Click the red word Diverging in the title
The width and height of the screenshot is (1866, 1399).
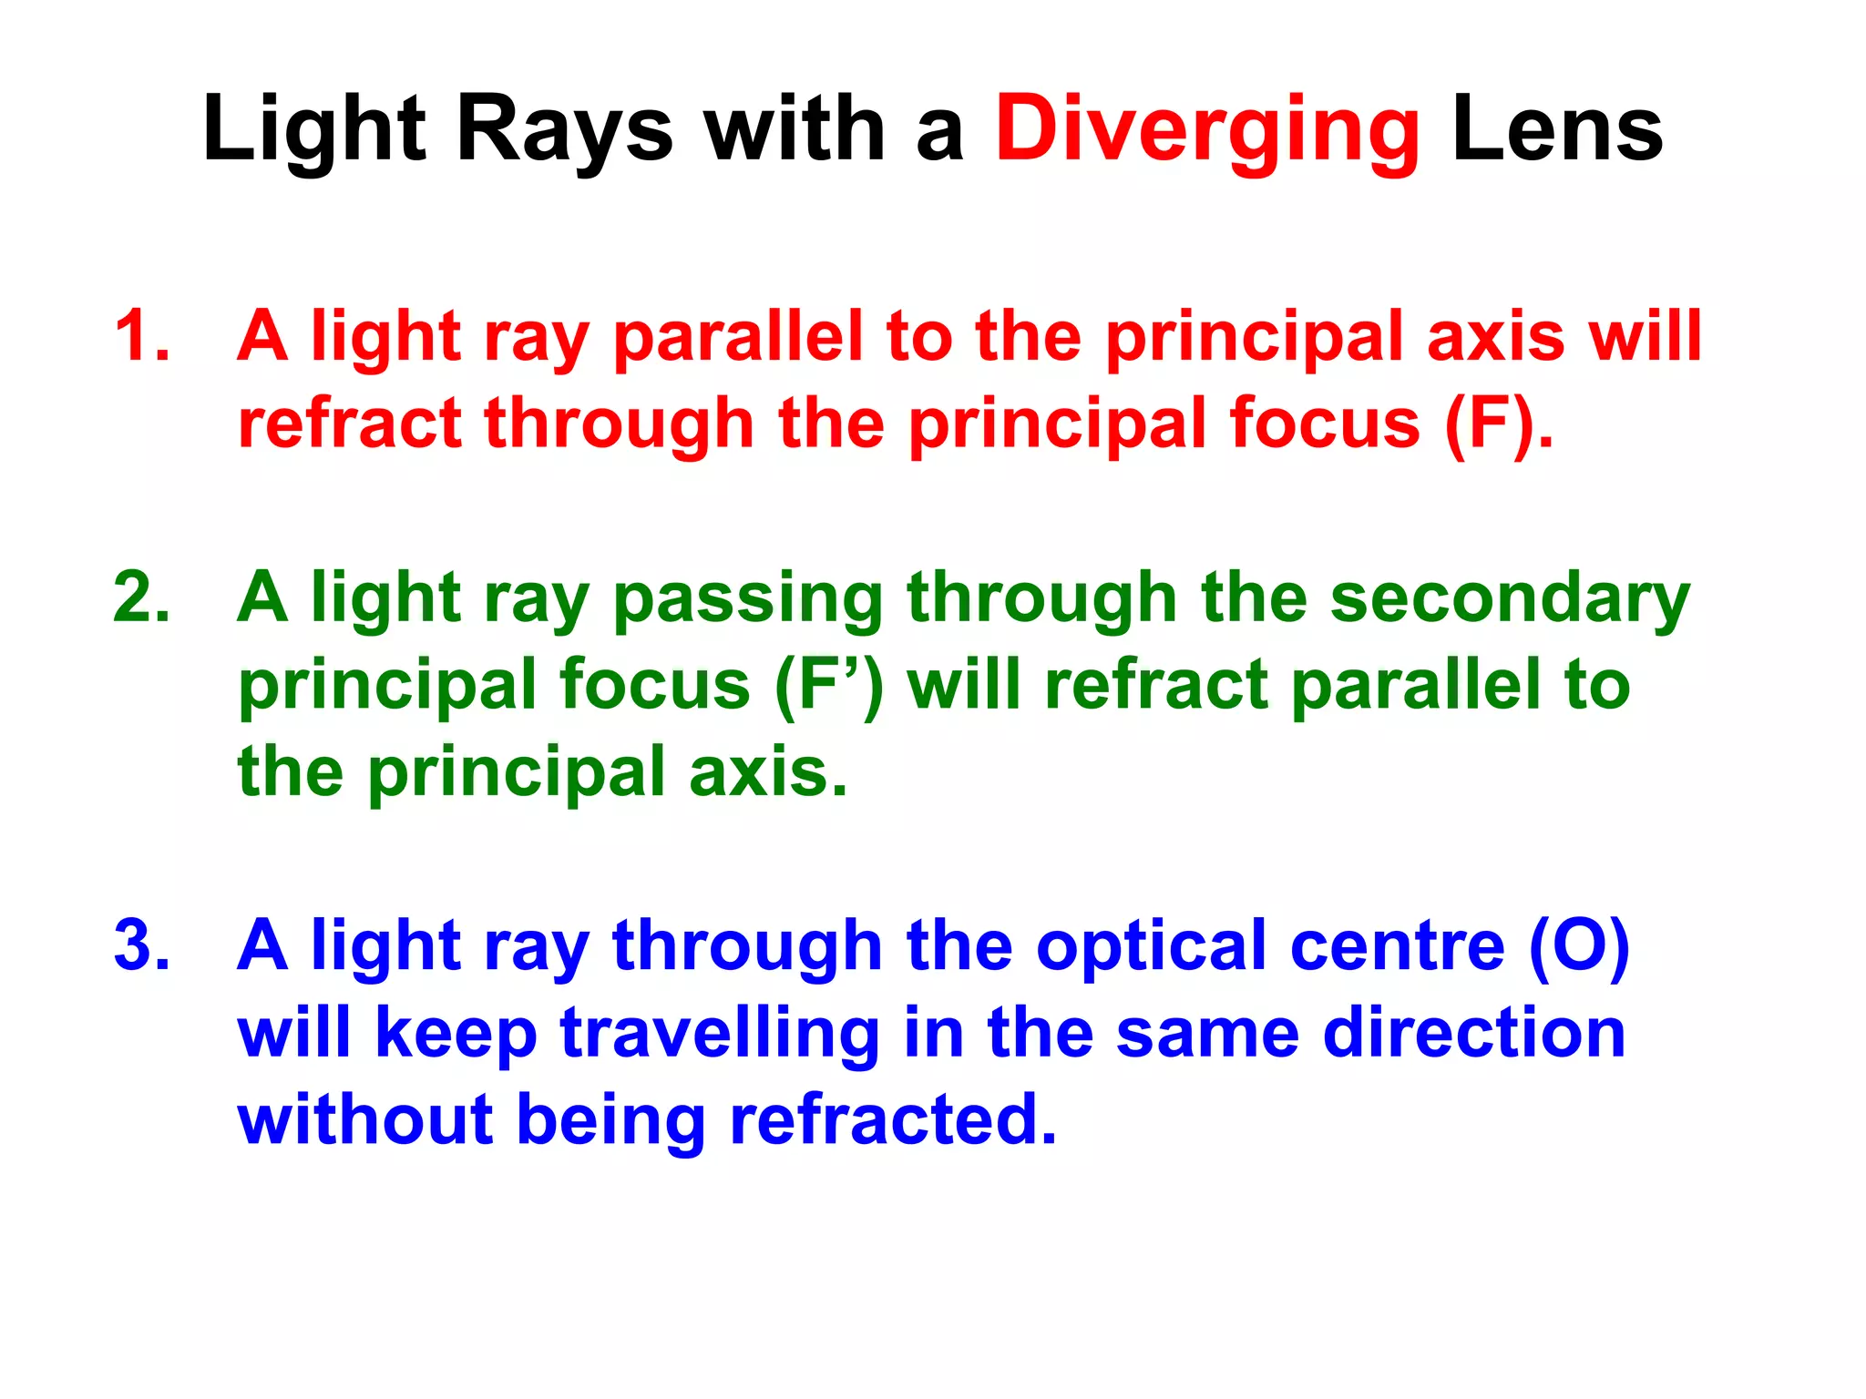click(x=1206, y=132)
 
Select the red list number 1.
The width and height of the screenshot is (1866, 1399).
click(x=142, y=336)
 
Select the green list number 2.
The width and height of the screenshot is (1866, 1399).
click(x=142, y=597)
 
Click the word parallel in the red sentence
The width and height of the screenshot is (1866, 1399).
click(x=738, y=338)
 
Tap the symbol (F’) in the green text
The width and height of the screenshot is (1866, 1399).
click(x=828, y=686)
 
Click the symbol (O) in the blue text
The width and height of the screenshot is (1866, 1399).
click(x=1579, y=947)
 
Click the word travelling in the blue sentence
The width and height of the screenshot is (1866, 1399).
click(x=720, y=1035)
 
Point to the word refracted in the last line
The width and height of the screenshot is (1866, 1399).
click(x=893, y=1119)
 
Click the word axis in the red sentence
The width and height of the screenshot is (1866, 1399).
click(x=1495, y=336)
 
